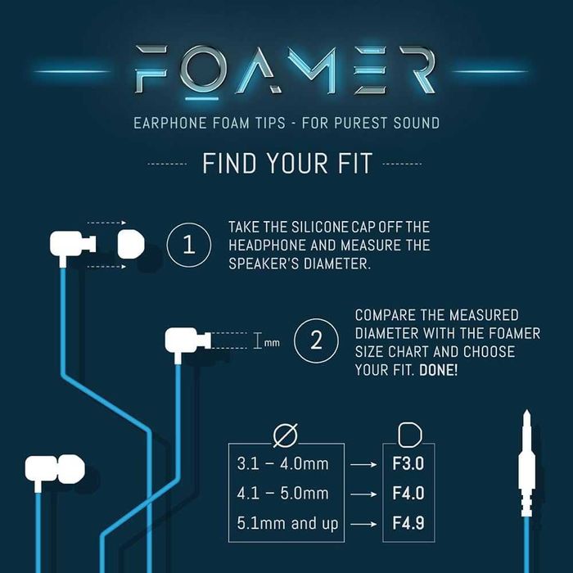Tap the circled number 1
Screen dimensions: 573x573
click(189, 243)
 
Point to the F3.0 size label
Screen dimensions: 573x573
click(408, 464)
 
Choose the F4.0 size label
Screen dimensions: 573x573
click(408, 494)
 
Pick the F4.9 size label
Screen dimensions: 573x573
click(408, 522)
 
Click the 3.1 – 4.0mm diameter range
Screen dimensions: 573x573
click(282, 464)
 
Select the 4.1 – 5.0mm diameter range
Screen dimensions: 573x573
click(282, 494)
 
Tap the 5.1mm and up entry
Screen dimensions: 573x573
click(282, 522)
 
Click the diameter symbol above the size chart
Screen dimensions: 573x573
click(291, 431)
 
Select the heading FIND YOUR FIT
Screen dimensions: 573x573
click(286, 163)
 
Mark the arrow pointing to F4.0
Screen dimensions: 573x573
click(362, 494)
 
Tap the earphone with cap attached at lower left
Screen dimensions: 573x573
click(55, 470)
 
